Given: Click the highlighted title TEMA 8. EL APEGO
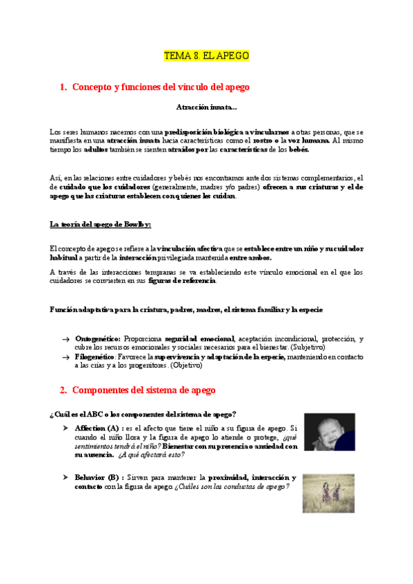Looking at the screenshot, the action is click(x=206, y=55).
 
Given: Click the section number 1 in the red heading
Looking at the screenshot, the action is click(x=63, y=87).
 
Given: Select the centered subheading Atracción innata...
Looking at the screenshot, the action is click(x=206, y=107).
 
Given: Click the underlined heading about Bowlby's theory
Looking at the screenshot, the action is click(x=96, y=224).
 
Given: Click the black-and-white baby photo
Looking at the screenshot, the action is click(x=330, y=438).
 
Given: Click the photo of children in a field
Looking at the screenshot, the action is click(x=329, y=492).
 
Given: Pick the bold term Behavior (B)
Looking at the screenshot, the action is click(x=99, y=477).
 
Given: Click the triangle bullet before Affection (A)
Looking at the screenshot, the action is click(x=66, y=428).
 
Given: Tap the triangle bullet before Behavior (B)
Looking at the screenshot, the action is click(x=66, y=477).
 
